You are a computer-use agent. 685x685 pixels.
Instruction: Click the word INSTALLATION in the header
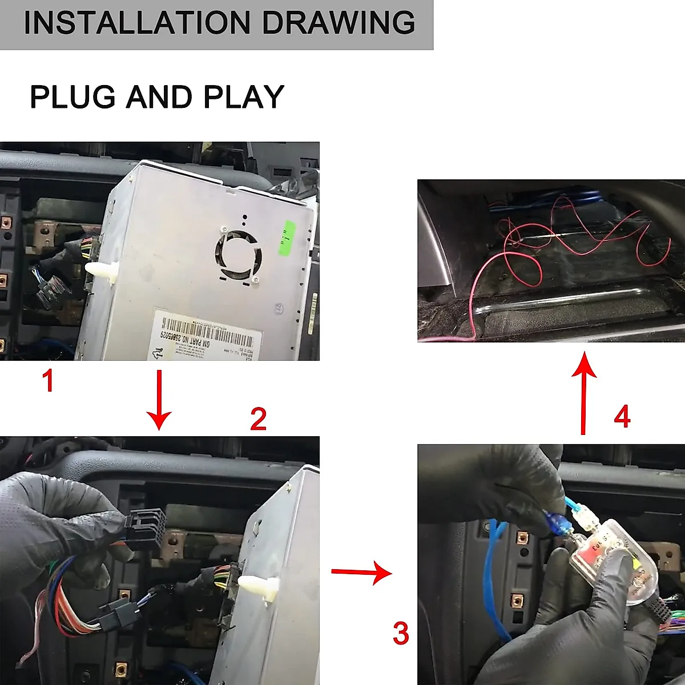[137, 23]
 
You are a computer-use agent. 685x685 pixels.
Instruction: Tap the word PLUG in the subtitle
[72, 97]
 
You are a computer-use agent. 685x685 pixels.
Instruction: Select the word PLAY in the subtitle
[244, 97]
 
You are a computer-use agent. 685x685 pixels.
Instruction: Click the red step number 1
[49, 381]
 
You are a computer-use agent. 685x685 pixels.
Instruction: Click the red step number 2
[258, 420]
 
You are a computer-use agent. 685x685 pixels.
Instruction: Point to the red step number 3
[401, 634]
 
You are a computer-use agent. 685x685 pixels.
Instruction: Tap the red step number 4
[622, 417]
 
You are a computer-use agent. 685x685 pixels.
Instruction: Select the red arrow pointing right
[361, 571]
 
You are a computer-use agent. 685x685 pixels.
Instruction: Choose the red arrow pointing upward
[584, 394]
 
